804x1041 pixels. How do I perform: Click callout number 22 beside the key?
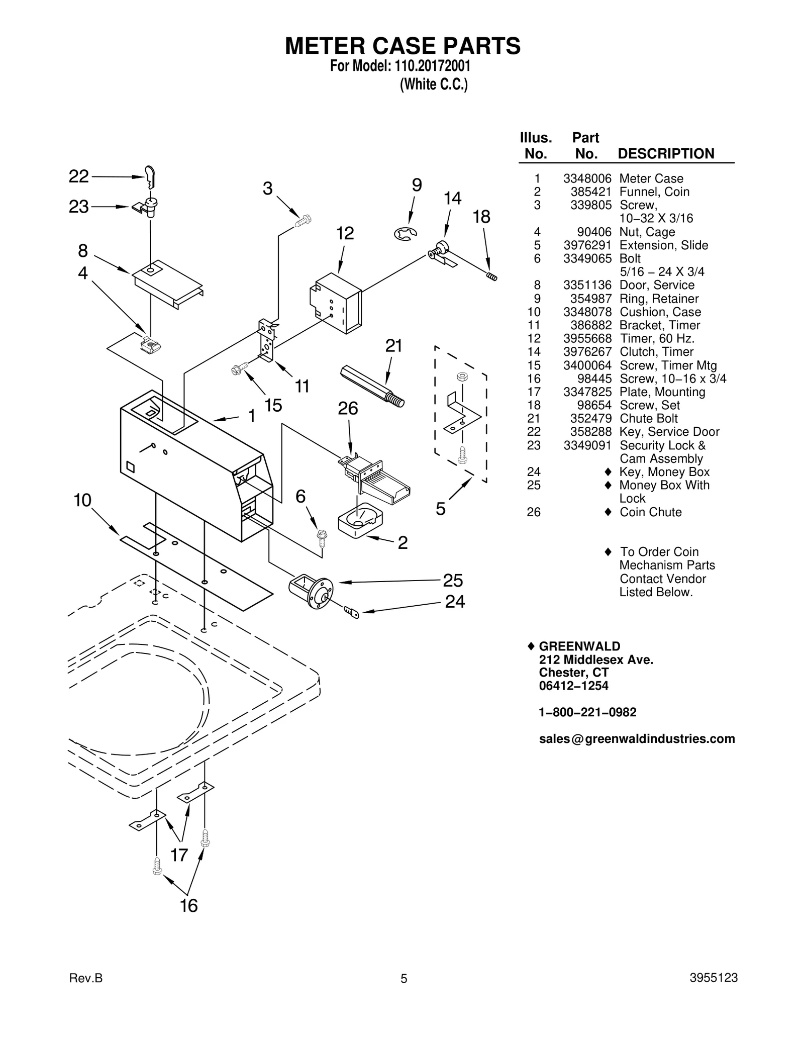click(x=79, y=176)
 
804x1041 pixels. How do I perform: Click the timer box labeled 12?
click(x=336, y=303)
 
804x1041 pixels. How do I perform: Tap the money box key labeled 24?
click(x=352, y=612)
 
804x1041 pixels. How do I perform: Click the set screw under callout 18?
click(x=491, y=275)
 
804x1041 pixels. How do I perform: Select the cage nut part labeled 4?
click(x=150, y=345)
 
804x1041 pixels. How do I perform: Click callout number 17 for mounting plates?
click(x=179, y=855)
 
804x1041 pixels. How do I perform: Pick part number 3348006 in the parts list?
click(x=587, y=178)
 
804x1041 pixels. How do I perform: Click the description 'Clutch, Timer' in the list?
click(x=656, y=352)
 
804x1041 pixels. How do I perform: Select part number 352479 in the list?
click(x=591, y=418)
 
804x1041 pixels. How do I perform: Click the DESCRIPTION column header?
click(x=666, y=153)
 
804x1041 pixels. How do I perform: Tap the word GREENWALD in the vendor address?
click(x=579, y=646)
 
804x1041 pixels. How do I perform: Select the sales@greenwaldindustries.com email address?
click(x=637, y=738)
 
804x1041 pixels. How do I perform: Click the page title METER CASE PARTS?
click(x=403, y=46)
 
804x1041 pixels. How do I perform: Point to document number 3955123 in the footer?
click(x=713, y=977)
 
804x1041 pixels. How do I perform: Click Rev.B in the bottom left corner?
click(x=85, y=978)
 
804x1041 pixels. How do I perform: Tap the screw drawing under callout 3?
click(x=304, y=220)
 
